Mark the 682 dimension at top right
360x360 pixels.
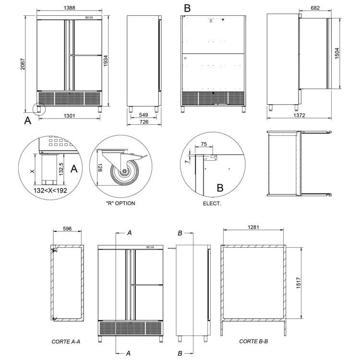(315, 9)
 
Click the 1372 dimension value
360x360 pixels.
(298, 116)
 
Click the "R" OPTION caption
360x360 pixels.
(120, 203)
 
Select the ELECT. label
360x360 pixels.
(212, 203)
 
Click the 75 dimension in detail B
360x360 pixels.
(204, 144)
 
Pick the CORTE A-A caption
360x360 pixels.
(66, 341)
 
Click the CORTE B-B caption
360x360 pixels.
(253, 341)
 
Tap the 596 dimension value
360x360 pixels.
(67, 229)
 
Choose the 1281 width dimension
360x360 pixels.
(254, 227)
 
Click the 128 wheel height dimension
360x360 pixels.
(99, 168)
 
